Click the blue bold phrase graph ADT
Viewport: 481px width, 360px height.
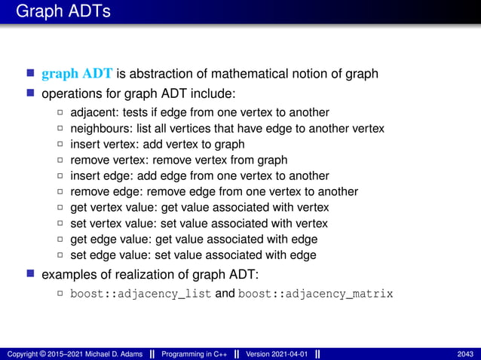coord(77,74)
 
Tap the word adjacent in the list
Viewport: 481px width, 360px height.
coord(92,112)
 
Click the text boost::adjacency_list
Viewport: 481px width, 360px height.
coord(141,293)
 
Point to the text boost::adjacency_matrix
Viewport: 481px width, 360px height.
coord(316,293)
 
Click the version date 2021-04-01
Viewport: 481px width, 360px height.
coord(290,354)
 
